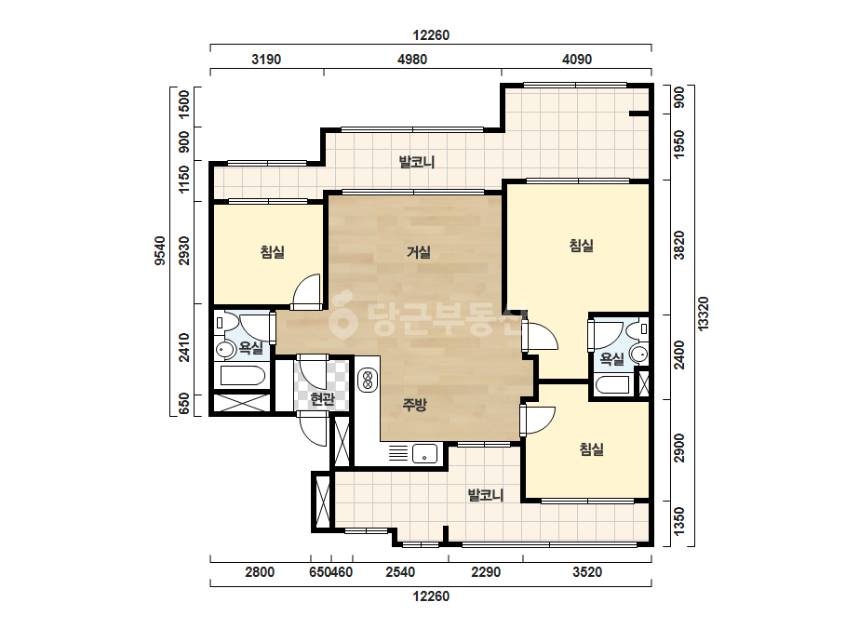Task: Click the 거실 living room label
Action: click(x=419, y=252)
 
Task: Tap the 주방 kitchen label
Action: click(x=414, y=405)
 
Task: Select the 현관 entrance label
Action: click(x=322, y=399)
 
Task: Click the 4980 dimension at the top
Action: click(x=412, y=60)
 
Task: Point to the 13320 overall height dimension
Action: click(x=704, y=313)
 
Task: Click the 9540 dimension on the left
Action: click(x=159, y=250)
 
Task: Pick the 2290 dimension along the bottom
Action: click(x=486, y=572)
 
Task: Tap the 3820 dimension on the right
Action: click(x=679, y=246)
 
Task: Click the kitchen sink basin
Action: click(x=424, y=454)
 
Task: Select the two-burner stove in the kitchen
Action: click(x=369, y=381)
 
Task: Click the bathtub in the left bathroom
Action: click(x=243, y=377)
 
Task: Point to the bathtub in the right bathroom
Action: click(x=613, y=384)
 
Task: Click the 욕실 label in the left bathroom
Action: click(x=251, y=347)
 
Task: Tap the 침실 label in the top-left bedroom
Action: click(x=273, y=252)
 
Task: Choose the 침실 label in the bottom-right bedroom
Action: click(x=592, y=449)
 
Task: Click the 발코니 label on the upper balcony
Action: click(x=417, y=162)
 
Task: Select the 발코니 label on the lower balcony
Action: click(x=486, y=495)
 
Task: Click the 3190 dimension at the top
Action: click(x=266, y=60)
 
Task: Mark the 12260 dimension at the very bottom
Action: click(x=431, y=596)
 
